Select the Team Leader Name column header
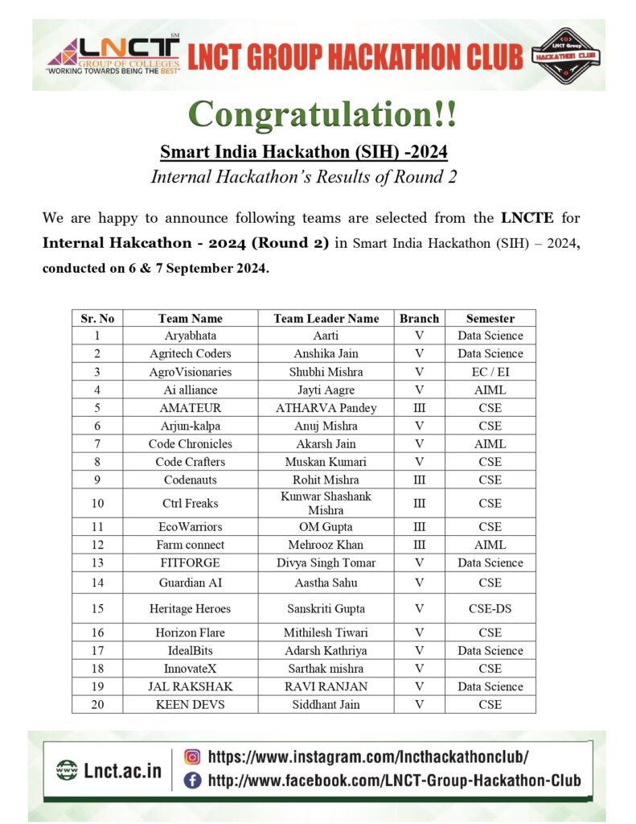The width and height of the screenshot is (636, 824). (326, 318)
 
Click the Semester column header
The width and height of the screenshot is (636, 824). (490, 318)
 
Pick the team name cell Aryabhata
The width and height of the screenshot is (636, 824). (190, 336)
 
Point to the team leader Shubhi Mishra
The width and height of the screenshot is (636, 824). (326, 372)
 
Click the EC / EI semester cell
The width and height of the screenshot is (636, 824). (490, 372)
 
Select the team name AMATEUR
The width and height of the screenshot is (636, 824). (190, 408)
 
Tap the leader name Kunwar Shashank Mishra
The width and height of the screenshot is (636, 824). (326, 503)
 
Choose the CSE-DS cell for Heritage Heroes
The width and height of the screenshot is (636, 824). (490, 608)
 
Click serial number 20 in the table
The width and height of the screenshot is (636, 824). (97, 704)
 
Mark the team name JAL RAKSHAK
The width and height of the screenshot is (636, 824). (190, 686)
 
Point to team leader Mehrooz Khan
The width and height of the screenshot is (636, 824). (326, 545)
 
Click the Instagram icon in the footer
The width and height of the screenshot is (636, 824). (193, 756)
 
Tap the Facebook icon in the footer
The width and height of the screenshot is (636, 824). (193, 780)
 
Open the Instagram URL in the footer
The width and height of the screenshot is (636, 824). (368, 756)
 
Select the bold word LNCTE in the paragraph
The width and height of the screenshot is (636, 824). (527, 218)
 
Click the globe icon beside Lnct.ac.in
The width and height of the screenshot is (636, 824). (67, 770)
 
